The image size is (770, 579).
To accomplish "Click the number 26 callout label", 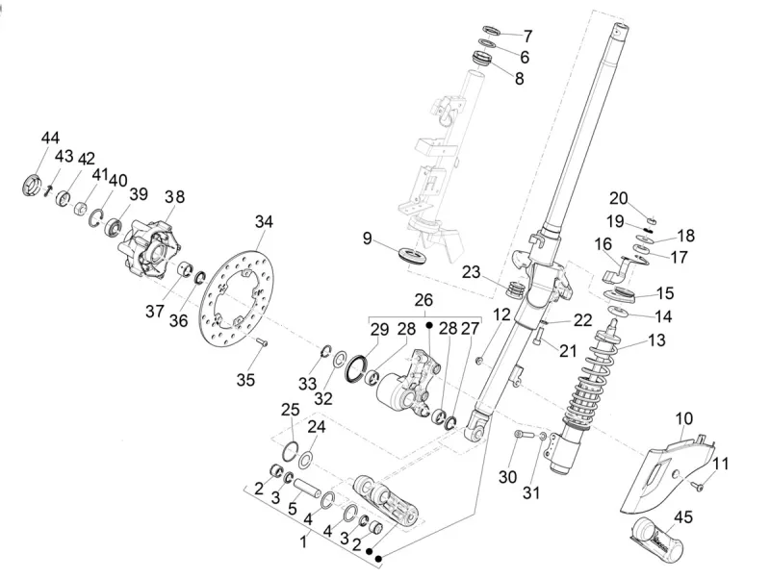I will (x=424, y=301).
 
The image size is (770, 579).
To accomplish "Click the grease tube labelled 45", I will (x=657, y=538).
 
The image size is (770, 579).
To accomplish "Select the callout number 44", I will (x=50, y=139).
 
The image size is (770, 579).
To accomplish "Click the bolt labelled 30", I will (x=521, y=438).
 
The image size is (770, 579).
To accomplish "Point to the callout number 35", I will (x=245, y=380).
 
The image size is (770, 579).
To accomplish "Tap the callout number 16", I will (x=603, y=244).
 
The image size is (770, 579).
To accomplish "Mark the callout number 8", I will (x=520, y=80).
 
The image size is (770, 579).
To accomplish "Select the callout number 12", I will (x=501, y=315).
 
